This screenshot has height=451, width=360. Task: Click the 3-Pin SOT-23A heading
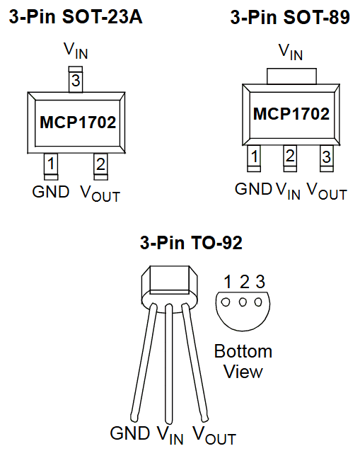tap(75, 18)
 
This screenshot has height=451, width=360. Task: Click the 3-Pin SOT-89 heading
tap(290, 18)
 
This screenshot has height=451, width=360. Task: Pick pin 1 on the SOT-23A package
tap(50, 164)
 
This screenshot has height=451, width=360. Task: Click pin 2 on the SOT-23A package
tap(100, 164)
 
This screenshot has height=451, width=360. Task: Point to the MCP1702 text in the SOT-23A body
tap(78, 122)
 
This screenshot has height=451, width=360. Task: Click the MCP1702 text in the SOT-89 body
tap(291, 114)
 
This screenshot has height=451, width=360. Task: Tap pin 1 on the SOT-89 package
tap(254, 156)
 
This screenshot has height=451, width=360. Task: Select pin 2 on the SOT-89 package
tap(290, 156)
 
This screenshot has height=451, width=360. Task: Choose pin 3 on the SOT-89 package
tap(325, 156)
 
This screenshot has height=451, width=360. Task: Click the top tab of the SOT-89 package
tap(291, 76)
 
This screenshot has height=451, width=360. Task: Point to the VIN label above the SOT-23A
tap(76, 51)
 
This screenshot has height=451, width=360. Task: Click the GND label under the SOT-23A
tap(51, 191)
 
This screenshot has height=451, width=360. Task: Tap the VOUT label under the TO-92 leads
tap(214, 434)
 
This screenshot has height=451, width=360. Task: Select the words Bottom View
tap(243, 361)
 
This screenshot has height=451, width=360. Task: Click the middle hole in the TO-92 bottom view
tap(243, 301)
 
